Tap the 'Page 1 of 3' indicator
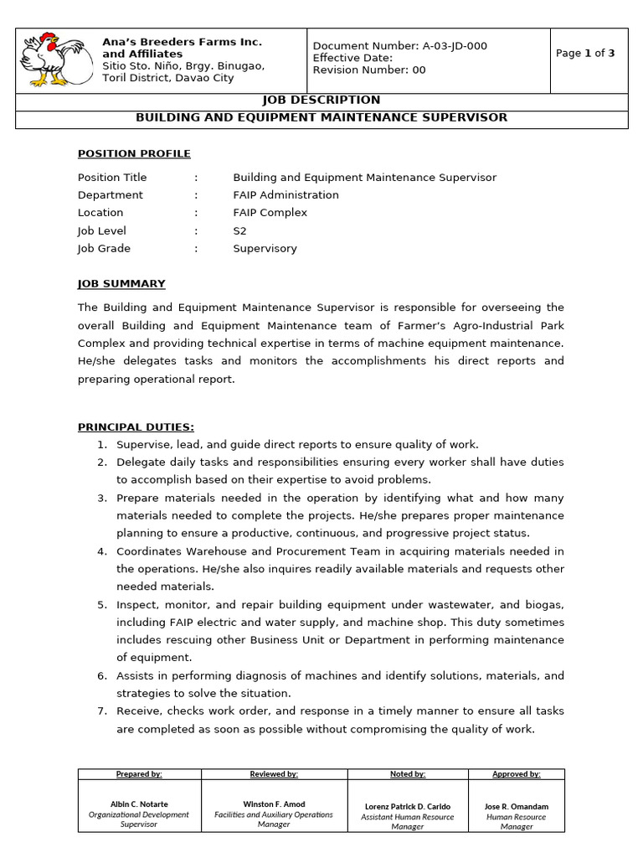pyautogui.click(x=585, y=53)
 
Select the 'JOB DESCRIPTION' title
pyautogui.click(x=321, y=100)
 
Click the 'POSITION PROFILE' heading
pyautogui.click(x=134, y=153)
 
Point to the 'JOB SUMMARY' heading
pyautogui.click(x=121, y=283)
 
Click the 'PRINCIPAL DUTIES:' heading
pyautogui.click(x=136, y=426)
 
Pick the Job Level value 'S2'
pyautogui.click(x=240, y=230)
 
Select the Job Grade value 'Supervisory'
pyautogui.click(x=265, y=248)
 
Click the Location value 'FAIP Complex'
pyautogui.click(x=270, y=213)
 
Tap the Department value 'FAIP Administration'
pyautogui.click(x=285, y=195)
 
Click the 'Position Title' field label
pyautogui.click(x=112, y=178)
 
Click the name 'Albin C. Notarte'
pyautogui.click(x=139, y=804)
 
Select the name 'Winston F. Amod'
pyautogui.click(x=274, y=803)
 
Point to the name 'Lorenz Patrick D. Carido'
pyautogui.click(x=408, y=806)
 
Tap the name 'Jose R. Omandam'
pyautogui.click(x=517, y=806)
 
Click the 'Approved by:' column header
pyautogui.click(x=517, y=774)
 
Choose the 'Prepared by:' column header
pyautogui.click(x=139, y=774)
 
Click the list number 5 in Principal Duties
pyautogui.click(x=102, y=604)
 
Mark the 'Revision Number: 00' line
pyautogui.click(x=369, y=70)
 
